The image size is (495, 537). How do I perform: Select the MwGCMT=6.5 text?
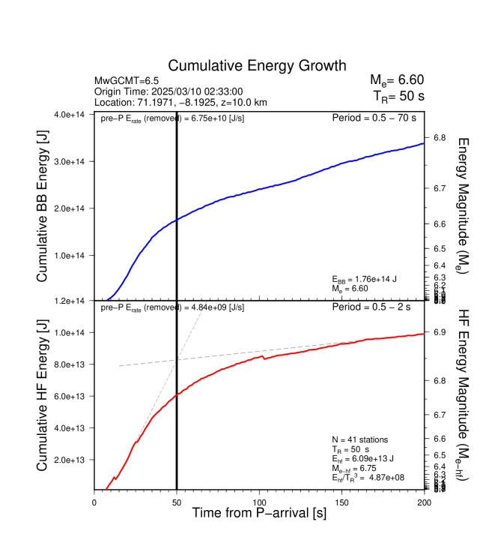(125, 80)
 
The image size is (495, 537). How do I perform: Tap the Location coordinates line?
(180, 102)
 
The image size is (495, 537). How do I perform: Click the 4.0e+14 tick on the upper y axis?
(73, 115)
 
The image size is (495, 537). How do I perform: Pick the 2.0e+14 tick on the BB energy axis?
(73, 208)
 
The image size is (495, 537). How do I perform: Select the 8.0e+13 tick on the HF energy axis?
(73, 364)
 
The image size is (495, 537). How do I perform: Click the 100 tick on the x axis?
(259, 503)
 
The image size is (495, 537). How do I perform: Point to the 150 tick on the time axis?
(341, 503)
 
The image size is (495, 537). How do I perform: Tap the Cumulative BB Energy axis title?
(43, 207)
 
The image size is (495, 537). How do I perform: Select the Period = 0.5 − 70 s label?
(374, 118)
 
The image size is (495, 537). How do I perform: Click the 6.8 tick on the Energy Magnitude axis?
(440, 138)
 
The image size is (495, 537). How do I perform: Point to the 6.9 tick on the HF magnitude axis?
(440, 331)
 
